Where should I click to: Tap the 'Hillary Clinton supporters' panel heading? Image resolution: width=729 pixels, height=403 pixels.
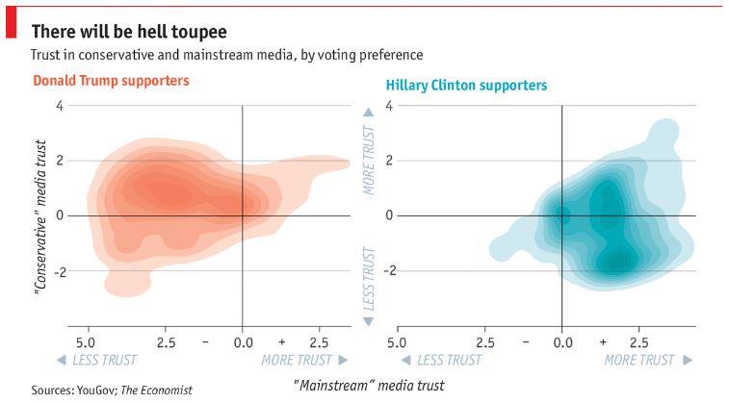(466, 86)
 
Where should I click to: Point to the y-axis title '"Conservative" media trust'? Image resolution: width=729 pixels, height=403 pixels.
(41, 215)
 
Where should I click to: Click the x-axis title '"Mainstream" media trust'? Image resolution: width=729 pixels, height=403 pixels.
(368, 386)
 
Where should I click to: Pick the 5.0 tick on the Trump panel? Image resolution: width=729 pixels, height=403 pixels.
(85, 341)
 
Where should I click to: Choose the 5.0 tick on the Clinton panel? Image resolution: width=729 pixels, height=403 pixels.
(395, 341)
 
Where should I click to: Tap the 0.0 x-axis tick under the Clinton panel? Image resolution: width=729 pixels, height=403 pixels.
(562, 341)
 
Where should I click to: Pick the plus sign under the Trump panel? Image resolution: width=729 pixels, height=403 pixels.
(281, 341)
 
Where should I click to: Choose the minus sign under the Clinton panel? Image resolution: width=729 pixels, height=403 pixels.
(526, 341)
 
